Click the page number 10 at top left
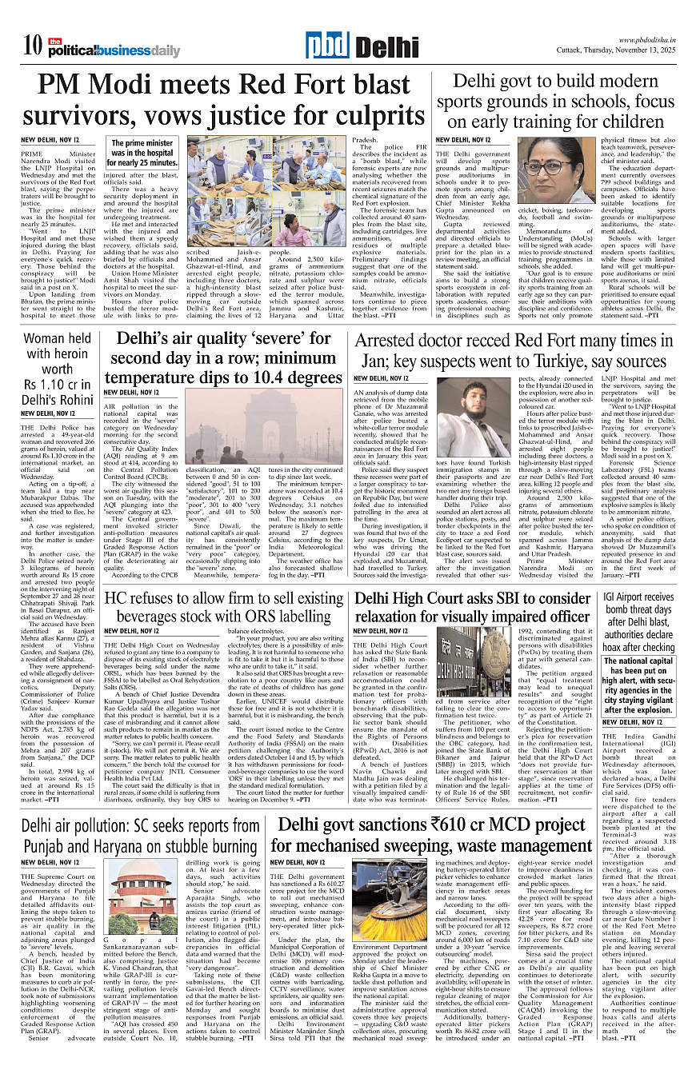[x=33, y=45]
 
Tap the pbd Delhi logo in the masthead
[x=362, y=46]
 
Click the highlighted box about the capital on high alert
[x=638, y=686]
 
